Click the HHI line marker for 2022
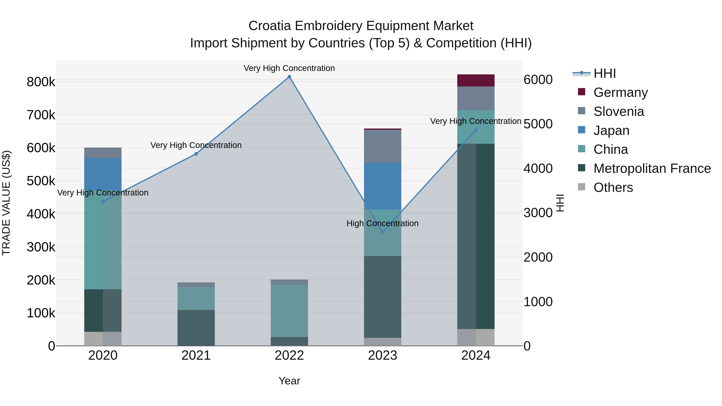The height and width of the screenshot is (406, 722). pyautogui.click(x=289, y=77)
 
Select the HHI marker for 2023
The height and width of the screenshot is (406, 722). pyautogui.click(x=383, y=232)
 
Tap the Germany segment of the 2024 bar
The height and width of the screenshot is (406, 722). pyautogui.click(x=476, y=80)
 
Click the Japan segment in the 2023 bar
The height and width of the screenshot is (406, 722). pyautogui.click(x=383, y=186)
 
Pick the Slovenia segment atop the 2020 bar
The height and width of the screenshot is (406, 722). pyautogui.click(x=103, y=153)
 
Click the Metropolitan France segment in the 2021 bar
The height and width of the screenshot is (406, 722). pyautogui.click(x=196, y=328)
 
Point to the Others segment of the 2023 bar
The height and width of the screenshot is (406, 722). pyautogui.click(x=383, y=342)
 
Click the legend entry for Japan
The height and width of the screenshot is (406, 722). pyautogui.click(x=611, y=131)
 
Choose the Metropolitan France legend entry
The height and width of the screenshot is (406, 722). pyautogui.click(x=652, y=168)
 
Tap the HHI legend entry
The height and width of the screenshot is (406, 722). pyautogui.click(x=604, y=73)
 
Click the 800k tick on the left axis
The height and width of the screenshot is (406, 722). pyautogui.click(x=41, y=82)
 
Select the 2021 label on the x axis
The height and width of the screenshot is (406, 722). pyautogui.click(x=196, y=355)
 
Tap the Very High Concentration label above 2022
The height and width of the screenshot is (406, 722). pyautogui.click(x=289, y=68)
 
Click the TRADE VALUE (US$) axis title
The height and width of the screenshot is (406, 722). pyautogui.click(x=6, y=203)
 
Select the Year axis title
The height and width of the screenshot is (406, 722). pyautogui.click(x=289, y=381)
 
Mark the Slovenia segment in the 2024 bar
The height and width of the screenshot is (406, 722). pyautogui.click(x=476, y=98)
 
